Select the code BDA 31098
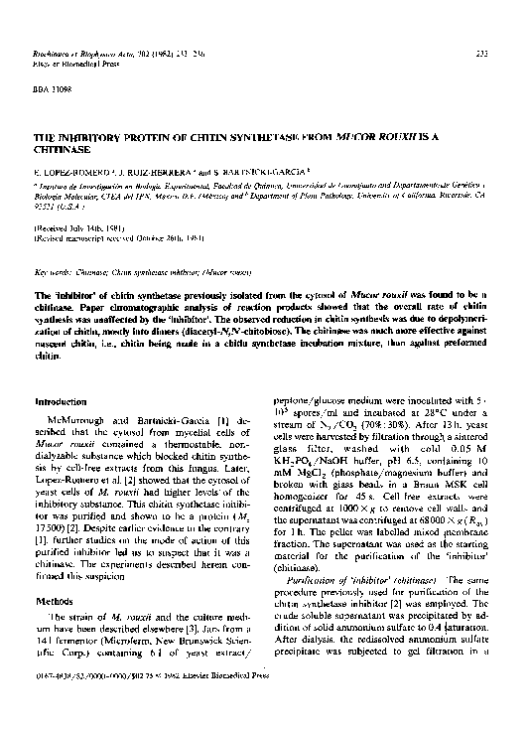pos(52,90)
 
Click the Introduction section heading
pos(63,400)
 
